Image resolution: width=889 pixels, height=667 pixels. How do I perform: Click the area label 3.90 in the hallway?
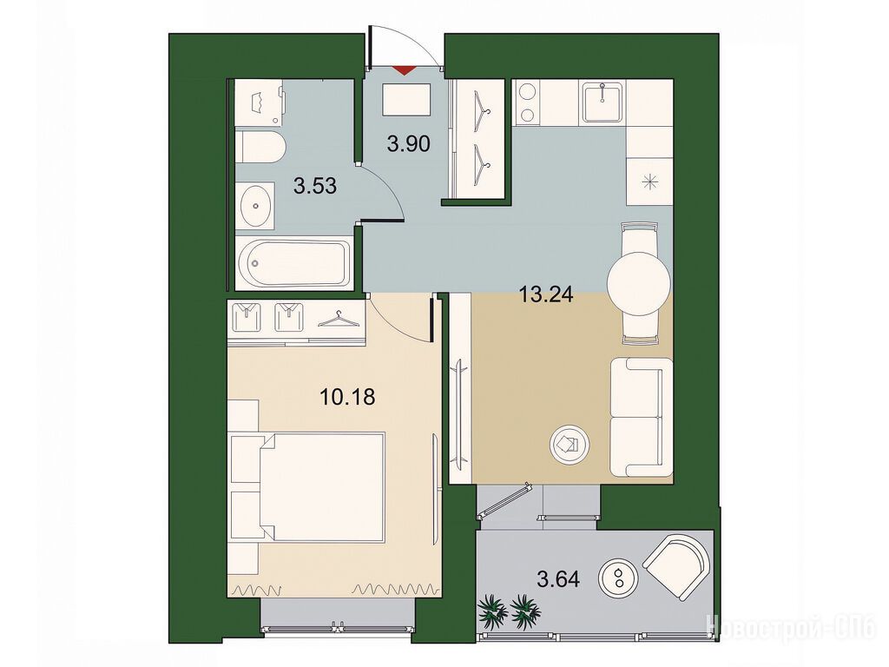[x=408, y=144]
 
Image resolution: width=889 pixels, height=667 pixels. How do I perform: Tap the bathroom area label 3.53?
[x=315, y=186]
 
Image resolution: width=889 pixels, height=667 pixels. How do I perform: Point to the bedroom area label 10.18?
[x=347, y=397]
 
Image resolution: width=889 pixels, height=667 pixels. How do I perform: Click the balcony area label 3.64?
[x=558, y=579]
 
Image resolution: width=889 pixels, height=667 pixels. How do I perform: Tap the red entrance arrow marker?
[x=404, y=70]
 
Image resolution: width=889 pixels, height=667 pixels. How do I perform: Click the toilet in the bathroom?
[x=261, y=146]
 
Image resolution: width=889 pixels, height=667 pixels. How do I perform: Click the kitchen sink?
[x=603, y=102]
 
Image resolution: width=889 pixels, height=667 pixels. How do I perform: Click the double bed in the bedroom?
[x=306, y=486]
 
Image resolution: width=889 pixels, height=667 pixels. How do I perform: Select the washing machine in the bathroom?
[x=259, y=102]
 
